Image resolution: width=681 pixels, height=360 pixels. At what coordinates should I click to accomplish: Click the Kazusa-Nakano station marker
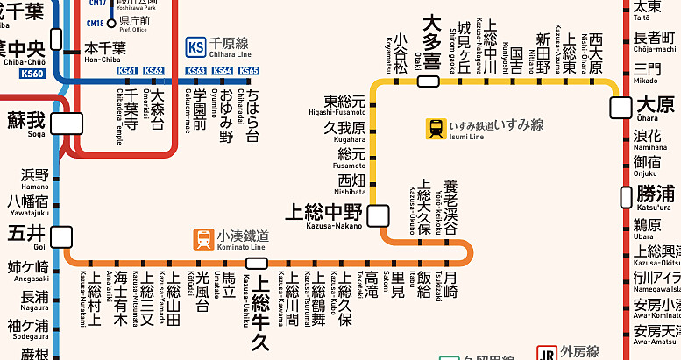tap(379, 215)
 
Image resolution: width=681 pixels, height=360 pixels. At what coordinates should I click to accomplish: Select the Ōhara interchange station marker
tap(621, 107)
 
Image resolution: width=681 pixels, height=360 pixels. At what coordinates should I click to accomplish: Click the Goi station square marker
tap(61, 236)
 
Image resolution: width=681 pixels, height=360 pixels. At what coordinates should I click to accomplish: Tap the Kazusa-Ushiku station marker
tap(257, 263)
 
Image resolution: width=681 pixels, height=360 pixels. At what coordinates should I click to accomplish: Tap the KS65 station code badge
tap(250, 71)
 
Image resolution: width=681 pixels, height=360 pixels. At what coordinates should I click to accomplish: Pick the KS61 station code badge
tap(128, 71)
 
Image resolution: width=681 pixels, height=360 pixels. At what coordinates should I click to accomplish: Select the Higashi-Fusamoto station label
tap(344, 106)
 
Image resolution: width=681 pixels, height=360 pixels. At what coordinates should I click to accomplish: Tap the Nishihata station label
tap(351, 183)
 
